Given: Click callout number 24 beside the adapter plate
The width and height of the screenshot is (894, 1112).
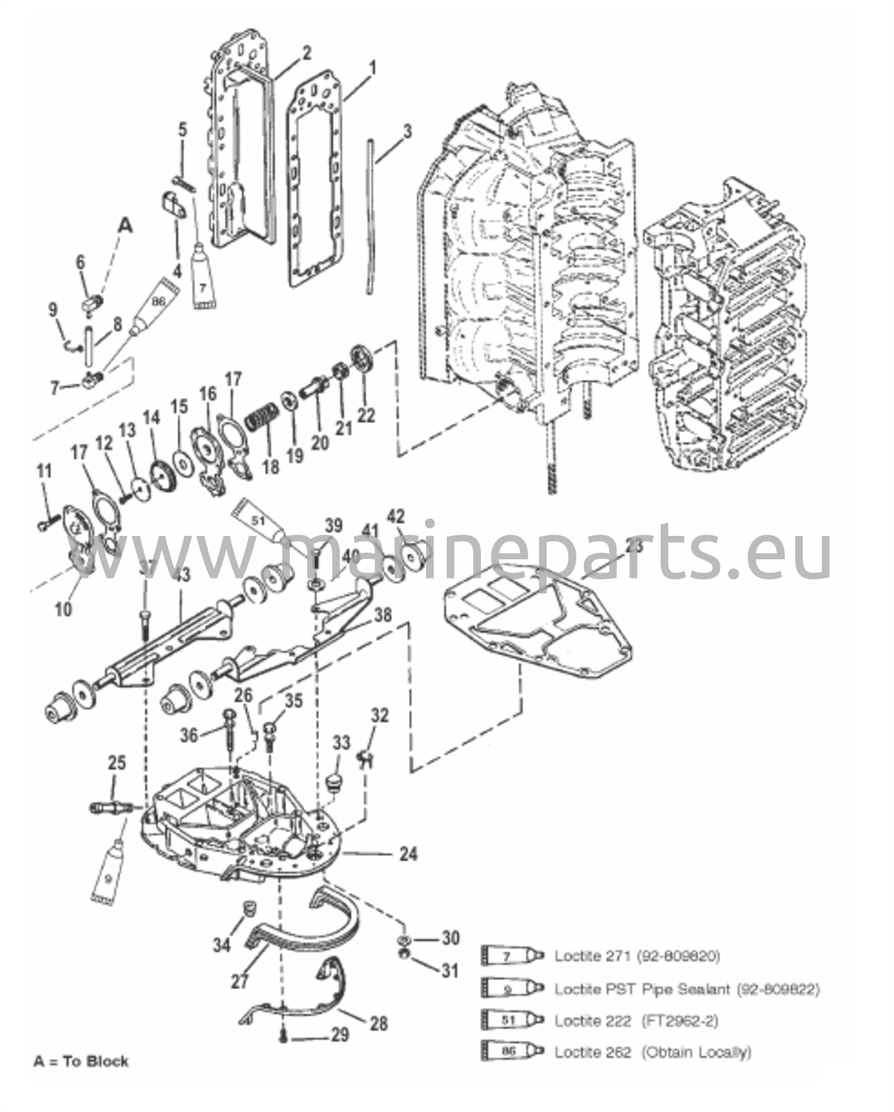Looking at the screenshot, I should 408,855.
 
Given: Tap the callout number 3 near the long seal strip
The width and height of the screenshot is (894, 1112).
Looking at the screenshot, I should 407,132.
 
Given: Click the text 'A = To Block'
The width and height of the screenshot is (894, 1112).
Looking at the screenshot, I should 81,1061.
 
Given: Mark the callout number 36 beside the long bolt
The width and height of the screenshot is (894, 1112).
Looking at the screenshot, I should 189,736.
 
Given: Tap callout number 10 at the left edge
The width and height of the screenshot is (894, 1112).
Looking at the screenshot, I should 64,609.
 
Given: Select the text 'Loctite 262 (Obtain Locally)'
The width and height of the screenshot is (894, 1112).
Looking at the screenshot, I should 652,1052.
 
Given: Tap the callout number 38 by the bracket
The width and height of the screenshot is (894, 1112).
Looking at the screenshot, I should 383,615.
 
